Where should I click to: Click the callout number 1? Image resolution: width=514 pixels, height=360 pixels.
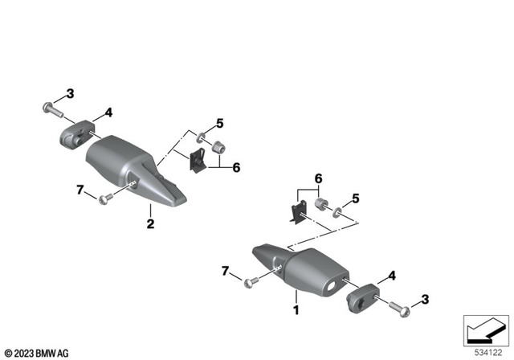pos(296,309)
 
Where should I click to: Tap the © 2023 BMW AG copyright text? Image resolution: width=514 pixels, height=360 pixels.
pos(36,353)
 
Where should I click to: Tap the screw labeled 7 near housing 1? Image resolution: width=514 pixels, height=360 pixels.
pos(251,280)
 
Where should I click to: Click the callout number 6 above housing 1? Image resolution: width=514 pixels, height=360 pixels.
pos(318,178)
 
